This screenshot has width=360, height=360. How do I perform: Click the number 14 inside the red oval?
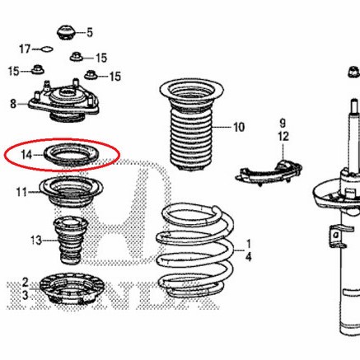pos(26,154)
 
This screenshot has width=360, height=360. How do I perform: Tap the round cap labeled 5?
pos(65,34)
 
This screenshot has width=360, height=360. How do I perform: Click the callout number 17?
pos(25,49)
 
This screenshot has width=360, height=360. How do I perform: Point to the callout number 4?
pos(246,257)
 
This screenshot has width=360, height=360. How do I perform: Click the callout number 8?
pos(13,104)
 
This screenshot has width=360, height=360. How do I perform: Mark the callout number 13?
pos(35,241)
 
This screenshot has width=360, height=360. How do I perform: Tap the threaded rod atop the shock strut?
pos(352,124)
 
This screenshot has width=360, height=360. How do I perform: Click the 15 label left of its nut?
pos(14,71)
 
